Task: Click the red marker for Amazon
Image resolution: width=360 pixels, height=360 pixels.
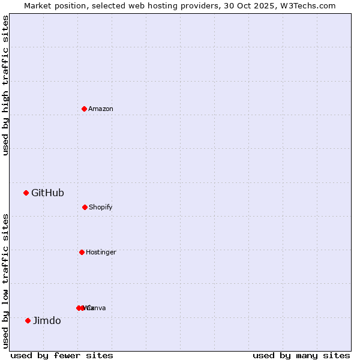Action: (84, 109)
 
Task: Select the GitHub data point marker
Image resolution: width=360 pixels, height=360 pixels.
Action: (26, 193)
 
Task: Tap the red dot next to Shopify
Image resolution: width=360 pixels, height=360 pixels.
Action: (85, 207)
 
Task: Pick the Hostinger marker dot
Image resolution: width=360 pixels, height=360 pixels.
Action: (82, 252)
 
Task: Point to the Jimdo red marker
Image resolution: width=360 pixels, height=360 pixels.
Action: (28, 320)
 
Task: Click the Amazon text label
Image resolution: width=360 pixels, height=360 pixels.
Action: (101, 109)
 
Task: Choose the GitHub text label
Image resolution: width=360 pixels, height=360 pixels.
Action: (47, 193)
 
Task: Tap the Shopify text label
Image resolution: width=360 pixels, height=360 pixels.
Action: (101, 207)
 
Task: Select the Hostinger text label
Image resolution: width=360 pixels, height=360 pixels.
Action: (101, 252)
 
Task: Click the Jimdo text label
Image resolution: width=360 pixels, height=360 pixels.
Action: (47, 320)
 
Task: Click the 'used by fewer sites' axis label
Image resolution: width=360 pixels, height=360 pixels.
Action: (62, 355)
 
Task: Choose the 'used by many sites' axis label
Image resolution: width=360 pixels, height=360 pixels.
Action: (301, 355)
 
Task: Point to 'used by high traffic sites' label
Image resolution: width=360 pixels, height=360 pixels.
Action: (5, 85)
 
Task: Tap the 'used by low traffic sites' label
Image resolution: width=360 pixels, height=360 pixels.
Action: (5, 281)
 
